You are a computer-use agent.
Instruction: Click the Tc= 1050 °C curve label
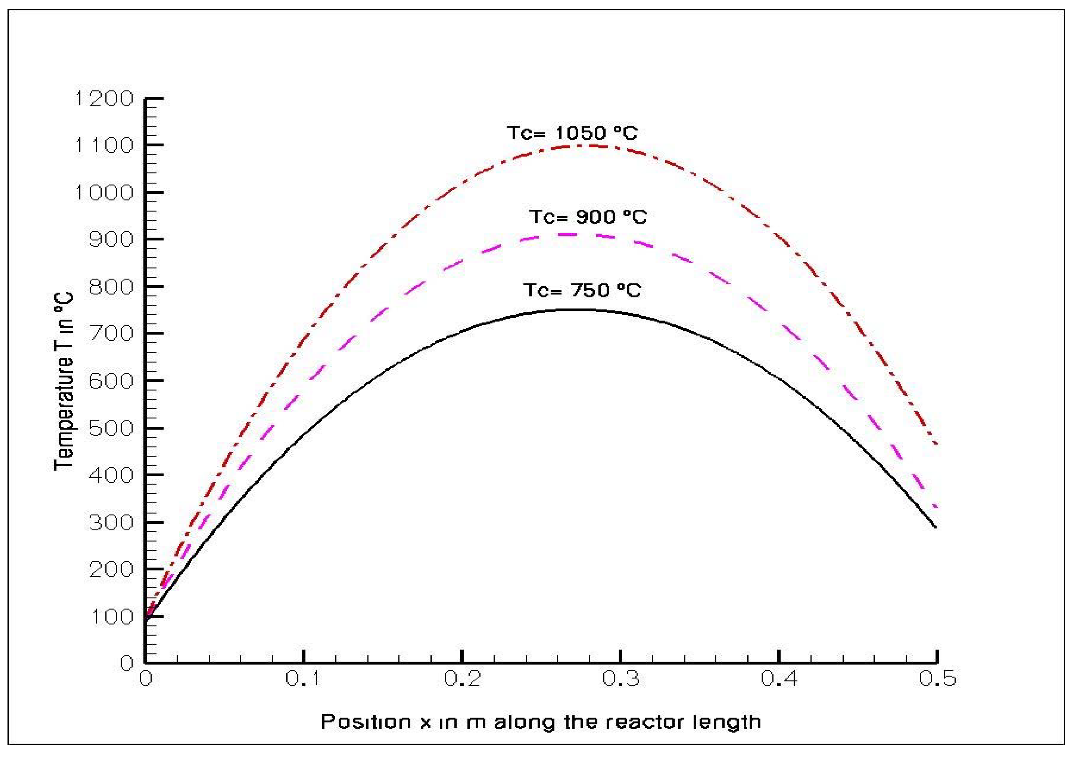[x=572, y=133]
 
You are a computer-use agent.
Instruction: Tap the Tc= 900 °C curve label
[x=588, y=217]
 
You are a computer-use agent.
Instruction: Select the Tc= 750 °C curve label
[x=582, y=290]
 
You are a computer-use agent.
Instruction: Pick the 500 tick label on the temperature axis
[x=111, y=428]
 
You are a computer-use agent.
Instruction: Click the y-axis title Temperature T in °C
[x=64, y=381]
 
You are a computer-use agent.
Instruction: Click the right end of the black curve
[x=936, y=527]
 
